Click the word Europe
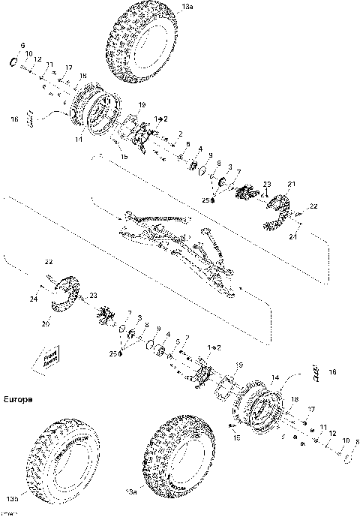[x=17, y=400]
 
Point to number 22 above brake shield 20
[x=49, y=263]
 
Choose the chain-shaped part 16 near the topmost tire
[x=32, y=118]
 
